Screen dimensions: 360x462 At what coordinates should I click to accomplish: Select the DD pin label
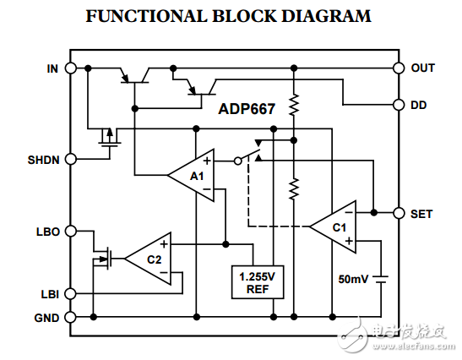coord(418,105)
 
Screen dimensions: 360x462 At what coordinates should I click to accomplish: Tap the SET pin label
coord(421,214)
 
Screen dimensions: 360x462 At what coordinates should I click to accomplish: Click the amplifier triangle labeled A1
coord(194,176)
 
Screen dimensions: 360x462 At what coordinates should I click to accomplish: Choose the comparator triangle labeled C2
coord(151,258)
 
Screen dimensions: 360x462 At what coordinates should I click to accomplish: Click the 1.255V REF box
coord(258,281)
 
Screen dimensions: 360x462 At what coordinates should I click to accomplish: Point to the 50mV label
coord(354,279)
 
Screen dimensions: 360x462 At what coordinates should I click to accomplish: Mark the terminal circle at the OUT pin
coord(399,68)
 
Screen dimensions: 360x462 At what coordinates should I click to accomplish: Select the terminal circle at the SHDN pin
coord(71,158)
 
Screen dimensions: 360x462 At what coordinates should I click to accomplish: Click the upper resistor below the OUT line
coord(293,105)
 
